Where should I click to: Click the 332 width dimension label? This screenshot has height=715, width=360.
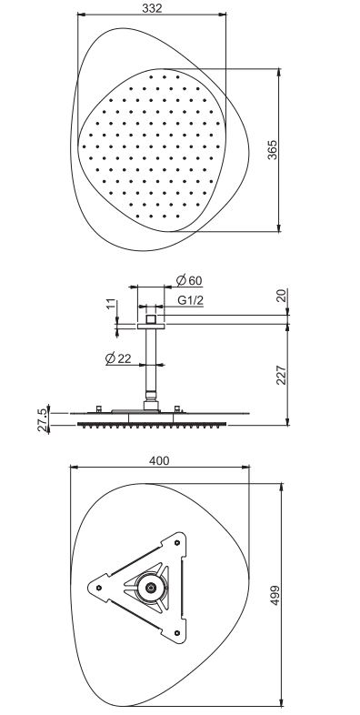pyautogui.click(x=152, y=8)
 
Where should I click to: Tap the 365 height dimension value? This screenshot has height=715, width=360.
pyautogui.click(x=272, y=149)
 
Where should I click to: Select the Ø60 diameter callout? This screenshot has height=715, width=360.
pyautogui.click(x=189, y=280)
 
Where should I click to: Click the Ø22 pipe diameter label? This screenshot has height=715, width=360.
pyautogui.click(x=118, y=358)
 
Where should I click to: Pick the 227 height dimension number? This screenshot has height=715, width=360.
pyautogui.click(x=282, y=375)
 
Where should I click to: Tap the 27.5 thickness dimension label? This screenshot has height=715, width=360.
pyautogui.click(x=42, y=419)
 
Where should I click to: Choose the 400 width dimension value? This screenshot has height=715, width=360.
pyautogui.click(x=159, y=460)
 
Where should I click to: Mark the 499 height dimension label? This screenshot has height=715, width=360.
pyautogui.click(x=275, y=595)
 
